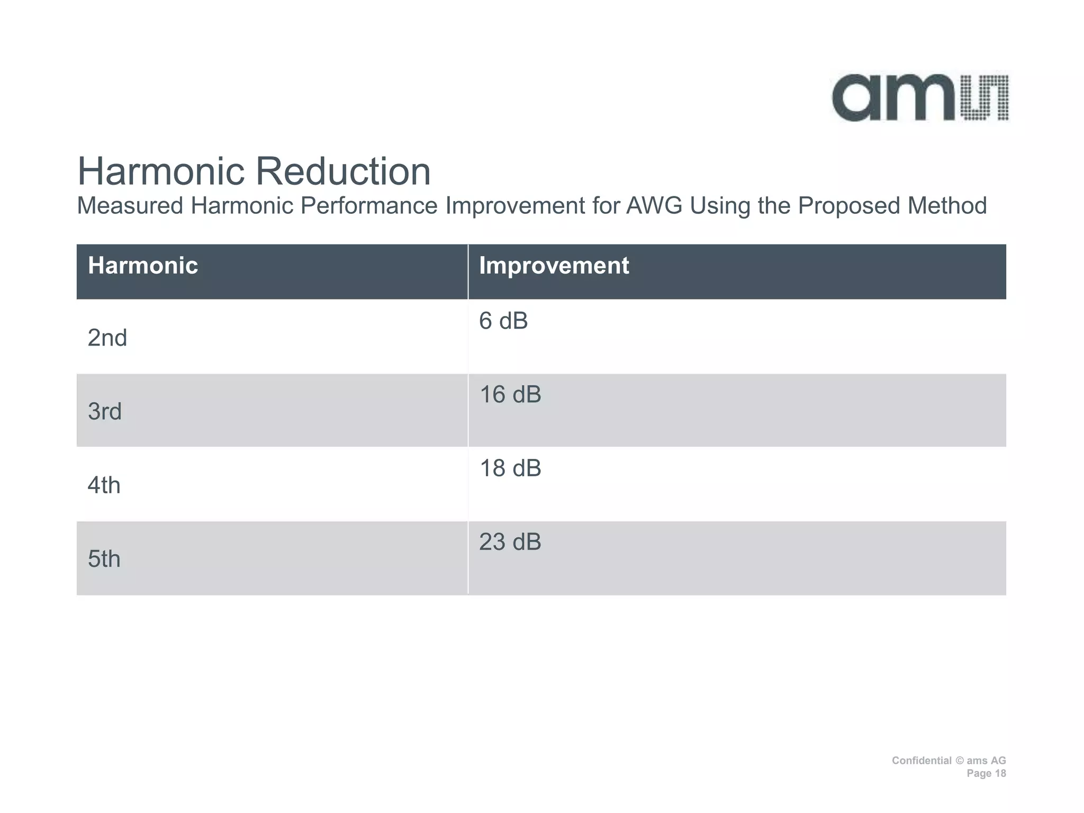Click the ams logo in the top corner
920,98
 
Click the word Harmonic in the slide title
160,171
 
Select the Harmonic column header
143,265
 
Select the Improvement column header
554,265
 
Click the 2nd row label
107,338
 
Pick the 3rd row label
105,411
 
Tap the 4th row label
104,485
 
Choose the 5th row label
104,559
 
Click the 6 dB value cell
503,321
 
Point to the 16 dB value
510,395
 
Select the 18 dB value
510,468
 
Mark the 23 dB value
510,542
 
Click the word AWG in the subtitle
654,206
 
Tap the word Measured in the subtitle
130,206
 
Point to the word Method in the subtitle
947,206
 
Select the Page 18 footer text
986,773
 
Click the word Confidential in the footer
922,761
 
